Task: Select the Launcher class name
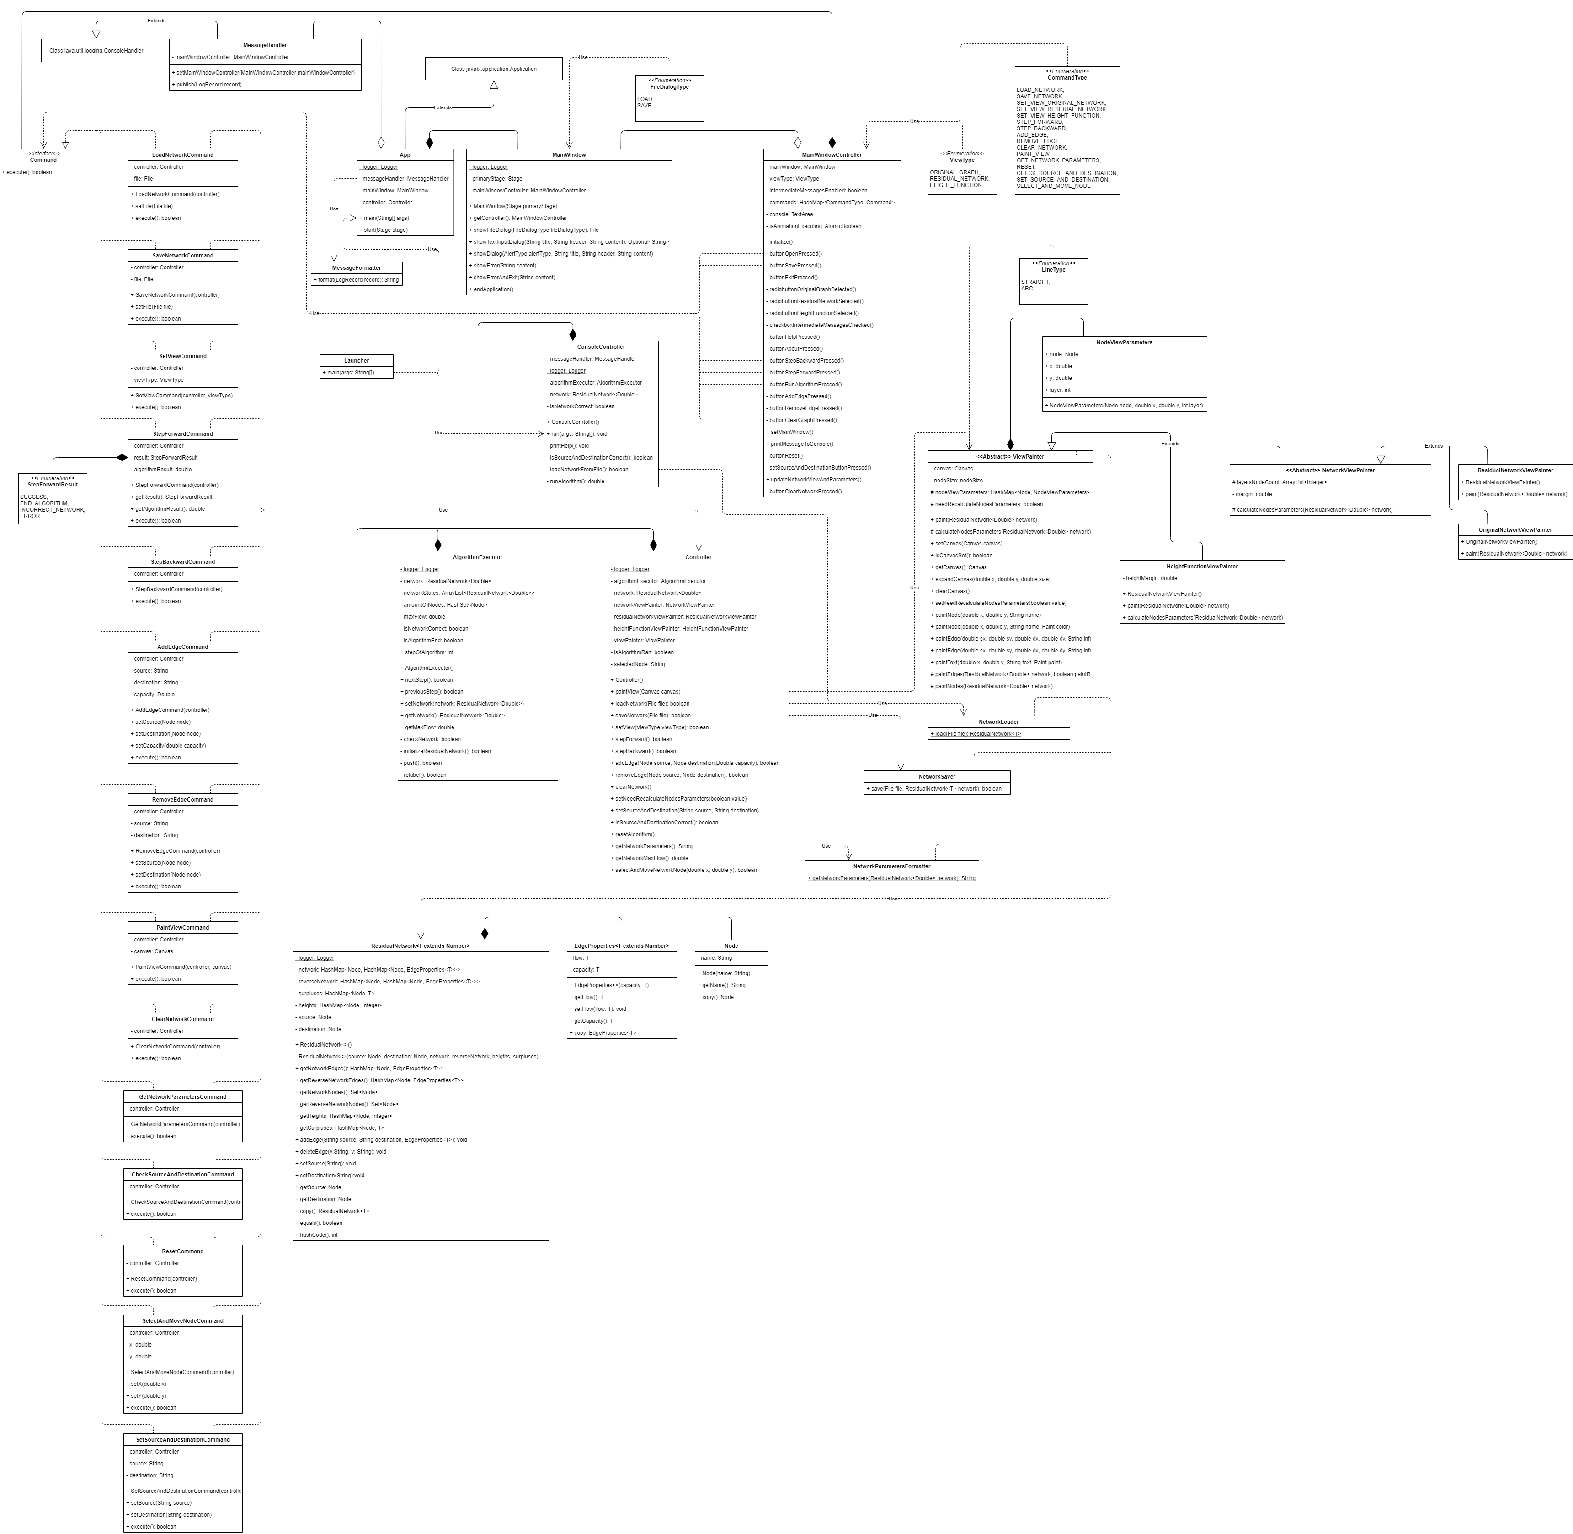[x=356, y=361]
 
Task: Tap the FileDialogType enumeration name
[x=669, y=86]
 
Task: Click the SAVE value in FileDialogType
[x=645, y=106]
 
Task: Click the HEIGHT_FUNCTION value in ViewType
[x=955, y=185]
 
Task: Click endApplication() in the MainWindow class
[x=493, y=289]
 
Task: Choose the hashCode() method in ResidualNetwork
[x=318, y=1235]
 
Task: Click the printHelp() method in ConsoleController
[x=569, y=445]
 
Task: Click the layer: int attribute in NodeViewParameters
[x=1059, y=390]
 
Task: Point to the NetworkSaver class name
[x=937, y=777]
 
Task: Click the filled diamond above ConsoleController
[x=573, y=334]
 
